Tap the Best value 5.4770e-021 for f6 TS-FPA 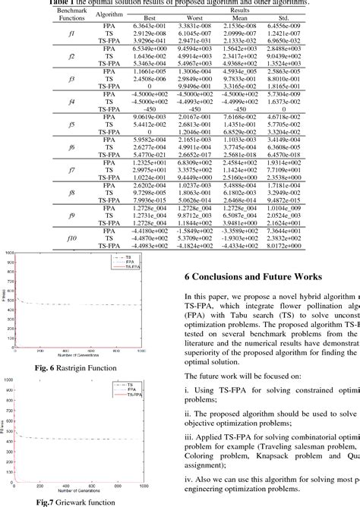133,155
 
